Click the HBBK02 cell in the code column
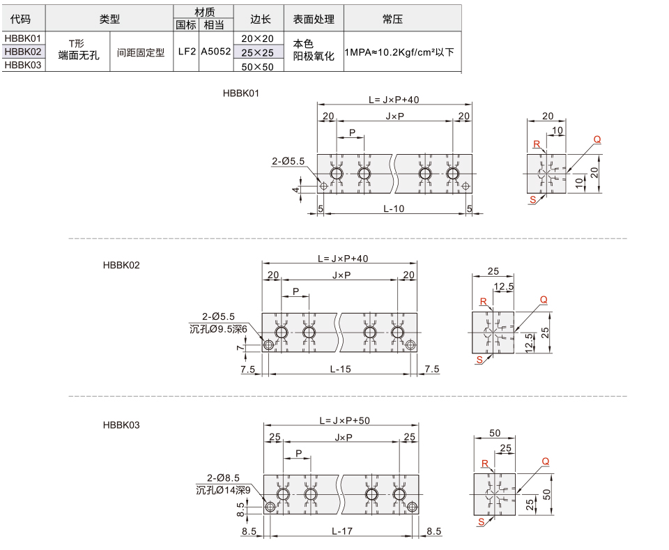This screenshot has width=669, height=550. [x=23, y=52]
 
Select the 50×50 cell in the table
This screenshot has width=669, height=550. [x=258, y=66]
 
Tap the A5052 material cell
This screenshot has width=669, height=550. [x=216, y=52]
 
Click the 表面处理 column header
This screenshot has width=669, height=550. [x=314, y=20]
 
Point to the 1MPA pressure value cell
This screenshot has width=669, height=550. [x=399, y=52]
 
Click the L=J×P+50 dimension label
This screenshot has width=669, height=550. [x=345, y=420]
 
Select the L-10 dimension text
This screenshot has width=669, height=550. [x=393, y=208]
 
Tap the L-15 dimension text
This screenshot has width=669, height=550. [x=341, y=369]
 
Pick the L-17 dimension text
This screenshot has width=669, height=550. [x=342, y=531]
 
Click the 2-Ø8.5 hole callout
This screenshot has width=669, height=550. [x=223, y=478]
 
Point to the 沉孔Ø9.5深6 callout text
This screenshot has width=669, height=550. [x=218, y=329]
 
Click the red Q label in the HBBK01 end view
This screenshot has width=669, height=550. [x=597, y=139]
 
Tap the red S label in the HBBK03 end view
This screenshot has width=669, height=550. [x=482, y=522]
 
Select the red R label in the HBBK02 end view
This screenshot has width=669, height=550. [x=484, y=302]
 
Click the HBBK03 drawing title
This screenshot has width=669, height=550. [x=121, y=425]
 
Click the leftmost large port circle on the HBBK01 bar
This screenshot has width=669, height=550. [x=337, y=174]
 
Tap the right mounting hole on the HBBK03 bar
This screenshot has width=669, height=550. [x=412, y=507]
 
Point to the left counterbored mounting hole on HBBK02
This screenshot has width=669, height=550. [x=268, y=345]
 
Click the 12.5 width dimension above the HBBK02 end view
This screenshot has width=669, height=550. [x=503, y=287]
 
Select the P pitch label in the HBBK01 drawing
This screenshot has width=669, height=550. [x=352, y=132]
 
